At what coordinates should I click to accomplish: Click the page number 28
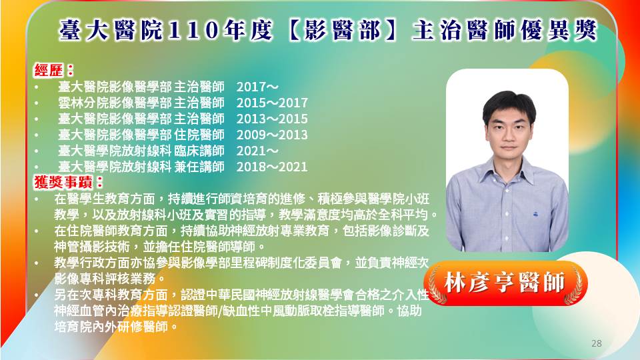tap(596, 343)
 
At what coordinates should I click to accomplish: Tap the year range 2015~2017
tap(272, 103)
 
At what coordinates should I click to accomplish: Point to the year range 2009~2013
tap(272, 135)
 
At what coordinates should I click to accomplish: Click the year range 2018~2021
tap(272, 167)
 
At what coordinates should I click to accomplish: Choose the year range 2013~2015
tap(272, 119)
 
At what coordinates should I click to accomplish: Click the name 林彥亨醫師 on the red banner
tap(505, 283)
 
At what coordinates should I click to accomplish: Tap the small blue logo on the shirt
tap(535, 213)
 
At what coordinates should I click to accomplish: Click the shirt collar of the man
tap(508, 169)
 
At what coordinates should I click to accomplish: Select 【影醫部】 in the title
tap(343, 31)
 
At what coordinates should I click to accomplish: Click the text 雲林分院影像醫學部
tap(115, 103)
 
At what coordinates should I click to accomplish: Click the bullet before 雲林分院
tap(37, 103)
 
